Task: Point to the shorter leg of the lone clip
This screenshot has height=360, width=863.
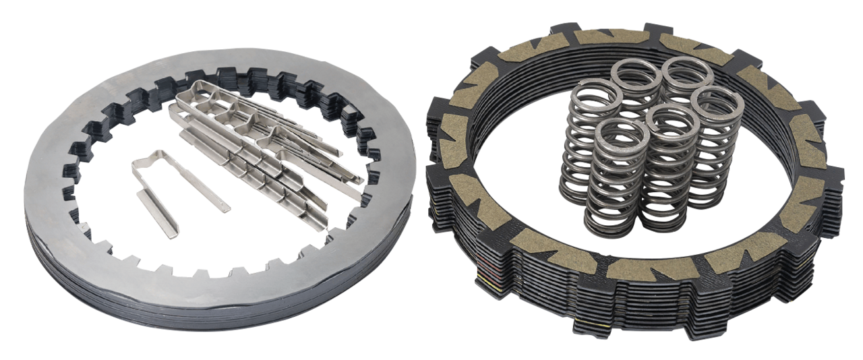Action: [x=154, y=212]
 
